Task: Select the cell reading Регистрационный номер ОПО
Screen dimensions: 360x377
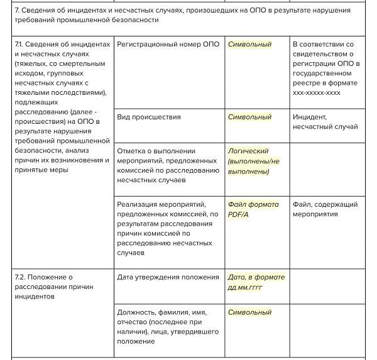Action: pos(168,45)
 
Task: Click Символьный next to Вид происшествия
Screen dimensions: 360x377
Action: pos(249,117)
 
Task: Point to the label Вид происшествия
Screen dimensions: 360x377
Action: pos(149,117)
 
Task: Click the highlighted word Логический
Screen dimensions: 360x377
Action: pos(248,151)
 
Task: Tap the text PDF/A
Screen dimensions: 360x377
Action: pos(239,214)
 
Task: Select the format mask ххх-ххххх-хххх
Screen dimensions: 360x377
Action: pos(317,92)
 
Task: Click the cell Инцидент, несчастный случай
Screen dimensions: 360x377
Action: pos(325,122)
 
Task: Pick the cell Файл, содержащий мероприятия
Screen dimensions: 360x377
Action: pos(325,209)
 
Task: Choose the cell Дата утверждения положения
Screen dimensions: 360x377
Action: pos(168,277)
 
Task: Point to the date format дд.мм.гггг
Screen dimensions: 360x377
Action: pos(245,287)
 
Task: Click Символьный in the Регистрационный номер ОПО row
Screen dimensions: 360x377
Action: pos(249,45)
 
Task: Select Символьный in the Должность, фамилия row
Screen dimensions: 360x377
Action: pos(249,312)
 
